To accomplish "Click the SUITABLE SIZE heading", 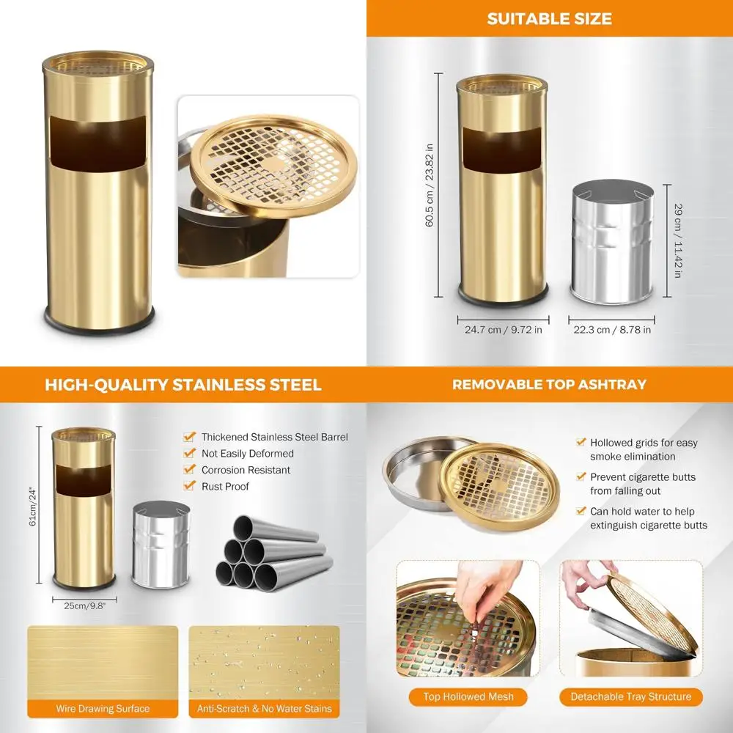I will click(x=550, y=19).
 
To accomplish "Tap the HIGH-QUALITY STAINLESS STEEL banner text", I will click(x=183, y=385).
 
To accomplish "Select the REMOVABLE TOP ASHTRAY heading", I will click(x=549, y=385).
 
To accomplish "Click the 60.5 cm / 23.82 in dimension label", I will click(x=430, y=185).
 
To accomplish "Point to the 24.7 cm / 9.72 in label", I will click(x=504, y=330).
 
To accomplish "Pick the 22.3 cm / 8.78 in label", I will click(x=612, y=330).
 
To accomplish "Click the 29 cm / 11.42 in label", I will click(x=677, y=240).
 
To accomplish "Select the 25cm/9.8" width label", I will click(x=84, y=606).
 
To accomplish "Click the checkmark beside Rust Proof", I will click(x=189, y=486).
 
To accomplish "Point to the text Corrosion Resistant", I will click(x=246, y=470).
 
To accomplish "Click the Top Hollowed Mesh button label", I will click(x=468, y=696).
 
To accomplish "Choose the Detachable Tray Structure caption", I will click(x=631, y=696).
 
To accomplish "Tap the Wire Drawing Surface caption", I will click(x=103, y=709).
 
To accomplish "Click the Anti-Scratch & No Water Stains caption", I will click(x=264, y=709).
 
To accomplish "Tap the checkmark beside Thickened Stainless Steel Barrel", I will click(x=189, y=437).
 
